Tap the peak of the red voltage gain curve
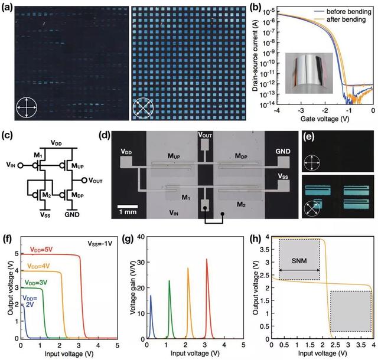point(207,259)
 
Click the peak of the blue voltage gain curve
point(151,296)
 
